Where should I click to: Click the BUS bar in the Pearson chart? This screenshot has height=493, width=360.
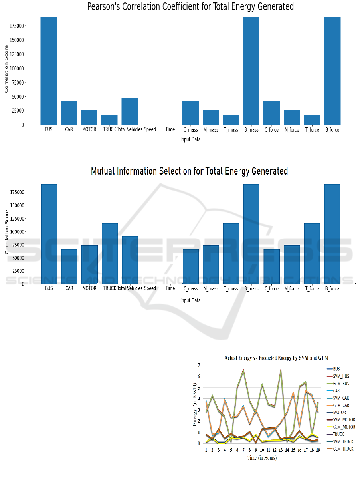click(x=48, y=71)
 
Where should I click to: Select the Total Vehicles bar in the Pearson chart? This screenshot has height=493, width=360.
click(x=130, y=111)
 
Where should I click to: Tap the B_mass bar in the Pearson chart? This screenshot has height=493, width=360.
click(x=251, y=71)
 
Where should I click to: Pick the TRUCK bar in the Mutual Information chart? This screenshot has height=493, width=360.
click(x=110, y=253)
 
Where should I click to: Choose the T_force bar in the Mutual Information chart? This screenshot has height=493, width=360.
click(x=312, y=253)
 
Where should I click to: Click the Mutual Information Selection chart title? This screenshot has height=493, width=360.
click(x=189, y=171)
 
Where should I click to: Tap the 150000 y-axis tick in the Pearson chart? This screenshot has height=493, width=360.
click(x=16, y=40)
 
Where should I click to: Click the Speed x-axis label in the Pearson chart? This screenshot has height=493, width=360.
click(x=150, y=130)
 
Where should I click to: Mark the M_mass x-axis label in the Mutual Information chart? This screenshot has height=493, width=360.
click(x=211, y=288)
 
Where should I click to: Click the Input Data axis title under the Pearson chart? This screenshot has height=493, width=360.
click(x=190, y=139)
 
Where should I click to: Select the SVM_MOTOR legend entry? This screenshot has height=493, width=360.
click(x=344, y=420)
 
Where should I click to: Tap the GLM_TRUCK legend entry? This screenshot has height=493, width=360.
click(x=343, y=449)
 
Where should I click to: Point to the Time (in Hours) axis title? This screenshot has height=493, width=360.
click(x=262, y=458)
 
